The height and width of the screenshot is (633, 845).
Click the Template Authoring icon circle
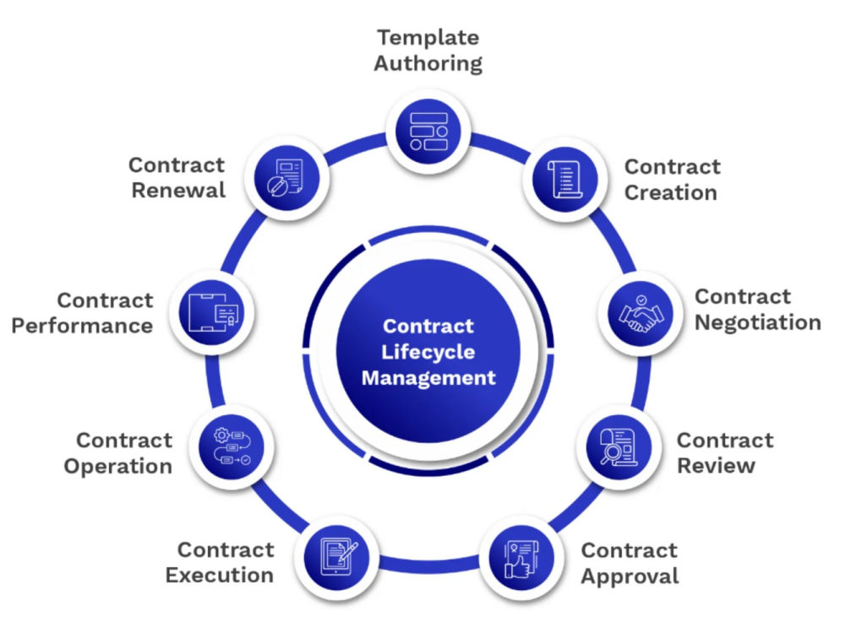[428, 132]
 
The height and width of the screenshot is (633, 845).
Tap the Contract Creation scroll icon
[565, 179]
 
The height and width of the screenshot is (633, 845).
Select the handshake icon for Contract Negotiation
[641, 313]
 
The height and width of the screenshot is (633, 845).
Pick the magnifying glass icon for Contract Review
[619, 446]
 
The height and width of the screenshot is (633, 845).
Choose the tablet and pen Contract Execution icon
[337, 558]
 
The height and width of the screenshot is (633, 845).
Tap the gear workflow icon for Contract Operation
[232, 446]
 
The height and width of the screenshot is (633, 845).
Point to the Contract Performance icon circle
[212, 313]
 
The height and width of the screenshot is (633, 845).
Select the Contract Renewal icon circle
[286, 178]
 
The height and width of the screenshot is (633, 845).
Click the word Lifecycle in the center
[428, 352]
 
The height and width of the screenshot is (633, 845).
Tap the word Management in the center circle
[428, 378]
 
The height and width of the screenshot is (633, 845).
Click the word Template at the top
[428, 38]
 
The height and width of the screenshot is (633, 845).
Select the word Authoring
[428, 63]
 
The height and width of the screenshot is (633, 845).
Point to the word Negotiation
[758, 322]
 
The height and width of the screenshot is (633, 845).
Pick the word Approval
[630, 576]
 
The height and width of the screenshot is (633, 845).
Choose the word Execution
[220, 575]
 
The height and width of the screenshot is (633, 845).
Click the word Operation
[118, 466]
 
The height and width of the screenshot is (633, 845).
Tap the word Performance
[82, 326]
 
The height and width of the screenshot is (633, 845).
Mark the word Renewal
[178, 190]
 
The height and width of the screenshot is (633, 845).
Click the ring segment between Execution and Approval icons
[429, 564]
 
